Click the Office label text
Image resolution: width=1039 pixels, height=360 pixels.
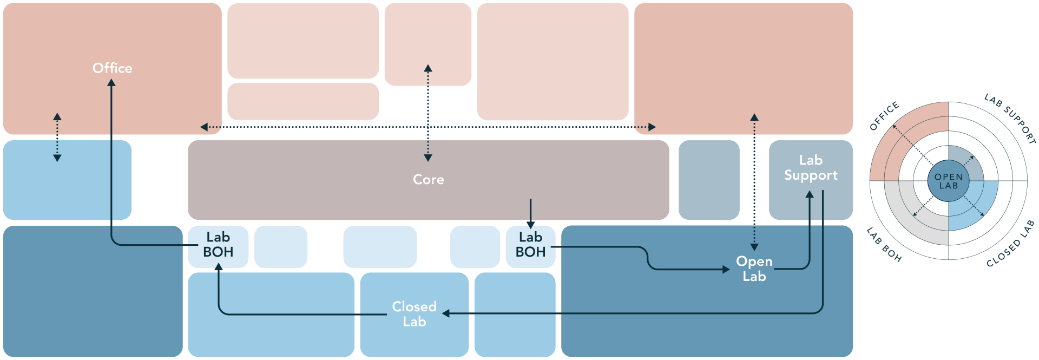pos(112,68)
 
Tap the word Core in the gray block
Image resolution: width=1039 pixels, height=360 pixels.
pos(428,180)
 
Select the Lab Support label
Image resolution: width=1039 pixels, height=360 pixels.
pos(811,168)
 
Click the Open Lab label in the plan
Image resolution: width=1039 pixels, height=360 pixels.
pos(754,269)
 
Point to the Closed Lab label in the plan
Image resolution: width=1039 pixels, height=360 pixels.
pos(414,314)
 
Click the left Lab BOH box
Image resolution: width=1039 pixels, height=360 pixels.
pos(218,245)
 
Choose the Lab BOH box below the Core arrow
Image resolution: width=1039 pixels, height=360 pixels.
pos(530,245)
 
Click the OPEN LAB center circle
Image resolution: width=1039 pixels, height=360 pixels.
pos(949,181)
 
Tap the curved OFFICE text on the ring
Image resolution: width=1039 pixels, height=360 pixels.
pos(884,116)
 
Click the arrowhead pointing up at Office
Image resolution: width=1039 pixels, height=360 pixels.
pos(111,83)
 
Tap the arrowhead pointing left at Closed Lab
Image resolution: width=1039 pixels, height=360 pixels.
pos(446,313)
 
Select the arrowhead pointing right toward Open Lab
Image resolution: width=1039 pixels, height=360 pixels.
pos(726,270)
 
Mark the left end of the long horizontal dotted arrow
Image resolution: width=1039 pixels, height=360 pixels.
pos(204,127)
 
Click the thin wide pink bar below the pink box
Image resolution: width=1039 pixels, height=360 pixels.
pos(303,101)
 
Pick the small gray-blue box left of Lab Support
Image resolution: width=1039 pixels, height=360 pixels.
pos(709,180)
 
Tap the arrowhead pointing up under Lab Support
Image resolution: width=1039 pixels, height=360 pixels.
pos(810,194)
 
